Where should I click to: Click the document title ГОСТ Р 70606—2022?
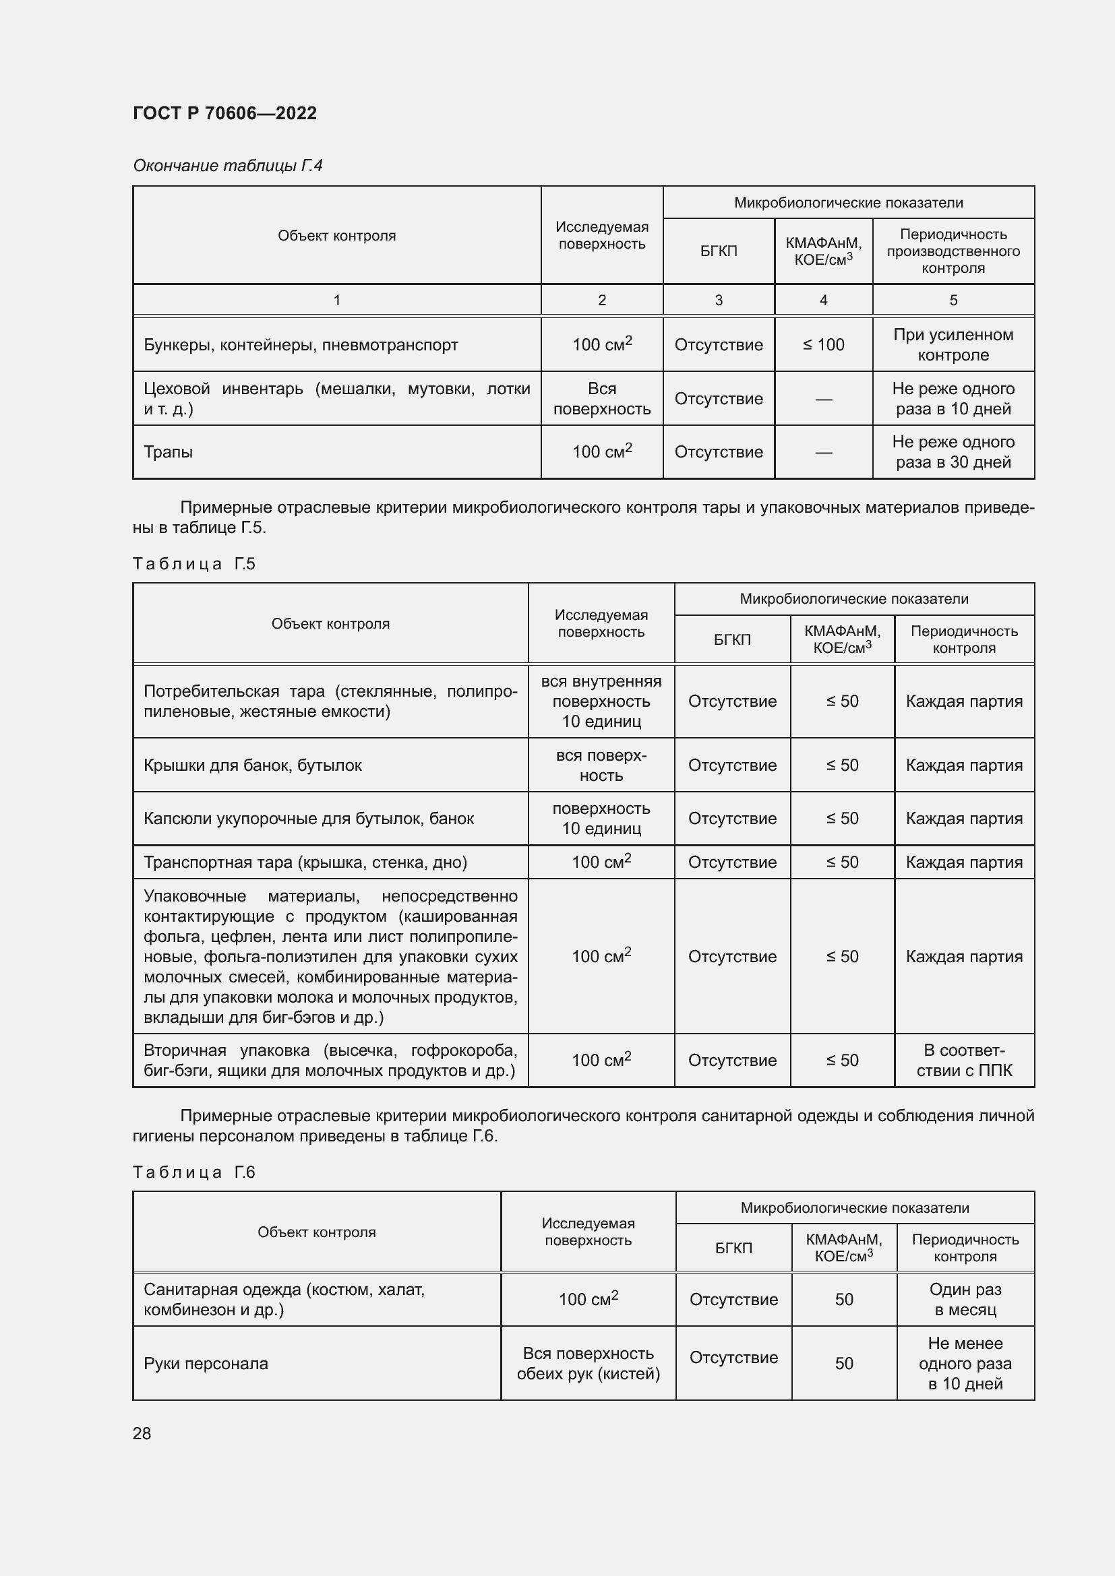(x=224, y=113)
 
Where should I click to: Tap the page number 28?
(x=142, y=1433)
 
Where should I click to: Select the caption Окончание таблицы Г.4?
(x=227, y=166)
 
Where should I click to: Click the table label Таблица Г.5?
(x=193, y=564)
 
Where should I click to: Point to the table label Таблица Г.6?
(x=193, y=1172)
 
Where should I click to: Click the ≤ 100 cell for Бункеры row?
(x=823, y=344)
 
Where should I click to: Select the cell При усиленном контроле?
(x=953, y=344)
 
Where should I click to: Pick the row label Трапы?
(x=169, y=451)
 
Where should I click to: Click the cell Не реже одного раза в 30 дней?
(x=953, y=451)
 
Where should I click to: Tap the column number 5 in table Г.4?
(x=953, y=300)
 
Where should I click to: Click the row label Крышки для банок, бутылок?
(x=253, y=765)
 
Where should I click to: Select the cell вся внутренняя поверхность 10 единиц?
(x=601, y=701)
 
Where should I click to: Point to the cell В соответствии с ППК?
(x=964, y=1061)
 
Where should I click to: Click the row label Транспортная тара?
(x=305, y=862)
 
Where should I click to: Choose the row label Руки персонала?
(x=206, y=1363)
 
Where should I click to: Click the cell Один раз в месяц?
(x=965, y=1299)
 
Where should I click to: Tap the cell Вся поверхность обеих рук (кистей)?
(x=589, y=1363)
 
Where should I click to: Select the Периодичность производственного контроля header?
(x=953, y=251)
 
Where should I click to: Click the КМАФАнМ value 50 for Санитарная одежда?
(x=844, y=1299)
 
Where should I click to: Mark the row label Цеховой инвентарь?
(x=336, y=399)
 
